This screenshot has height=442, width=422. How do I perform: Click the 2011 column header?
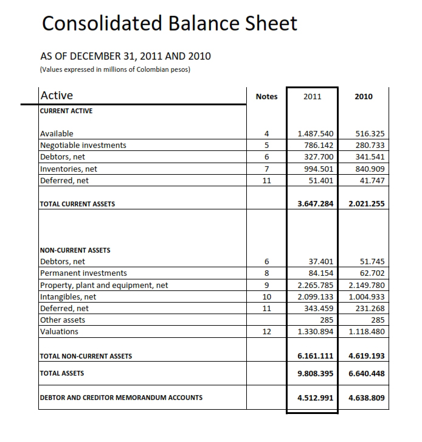point(312,96)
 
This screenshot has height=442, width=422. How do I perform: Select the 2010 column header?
point(363,96)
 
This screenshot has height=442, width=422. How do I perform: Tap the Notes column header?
point(267,96)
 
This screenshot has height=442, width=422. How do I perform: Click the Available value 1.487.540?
point(315,133)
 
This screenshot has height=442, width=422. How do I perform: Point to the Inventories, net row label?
point(69,169)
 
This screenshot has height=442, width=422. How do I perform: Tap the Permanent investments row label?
point(83,273)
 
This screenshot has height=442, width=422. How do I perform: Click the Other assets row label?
point(63,320)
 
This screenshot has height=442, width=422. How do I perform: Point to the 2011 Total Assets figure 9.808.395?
point(312,373)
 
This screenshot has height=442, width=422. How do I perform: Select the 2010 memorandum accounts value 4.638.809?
point(363,398)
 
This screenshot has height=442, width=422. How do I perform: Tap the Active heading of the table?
point(56,95)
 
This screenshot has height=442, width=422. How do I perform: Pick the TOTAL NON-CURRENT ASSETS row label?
point(86,356)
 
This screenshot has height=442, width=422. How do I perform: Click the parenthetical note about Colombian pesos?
point(114,69)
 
